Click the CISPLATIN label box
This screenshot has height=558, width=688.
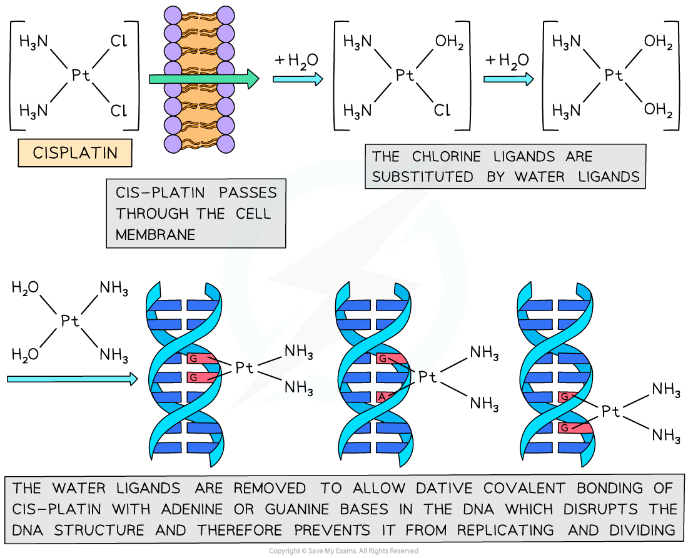(x=75, y=153)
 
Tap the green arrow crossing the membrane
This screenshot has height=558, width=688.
(x=203, y=79)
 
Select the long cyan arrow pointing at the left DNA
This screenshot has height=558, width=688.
(x=71, y=379)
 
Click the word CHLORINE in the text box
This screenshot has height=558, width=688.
(x=448, y=156)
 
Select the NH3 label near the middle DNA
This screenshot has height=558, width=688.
(x=298, y=389)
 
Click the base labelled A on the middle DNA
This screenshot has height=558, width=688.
(x=381, y=397)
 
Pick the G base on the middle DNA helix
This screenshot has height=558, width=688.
(x=382, y=359)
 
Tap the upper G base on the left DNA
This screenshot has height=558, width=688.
(x=193, y=359)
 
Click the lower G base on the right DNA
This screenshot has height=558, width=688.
(x=565, y=428)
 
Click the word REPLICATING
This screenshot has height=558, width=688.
(x=505, y=531)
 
